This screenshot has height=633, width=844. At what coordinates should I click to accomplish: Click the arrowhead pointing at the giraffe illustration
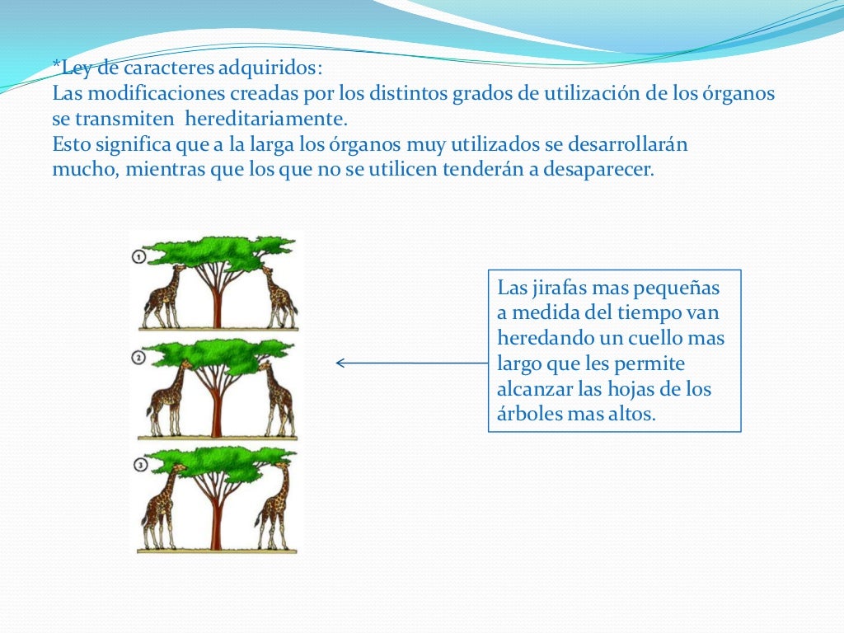click(340, 363)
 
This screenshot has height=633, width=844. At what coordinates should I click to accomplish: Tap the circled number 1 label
click(138, 257)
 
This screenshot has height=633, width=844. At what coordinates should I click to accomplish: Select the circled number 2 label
click(138, 358)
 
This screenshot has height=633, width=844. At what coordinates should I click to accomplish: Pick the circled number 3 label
click(140, 466)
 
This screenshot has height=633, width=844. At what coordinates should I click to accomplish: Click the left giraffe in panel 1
click(162, 298)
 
